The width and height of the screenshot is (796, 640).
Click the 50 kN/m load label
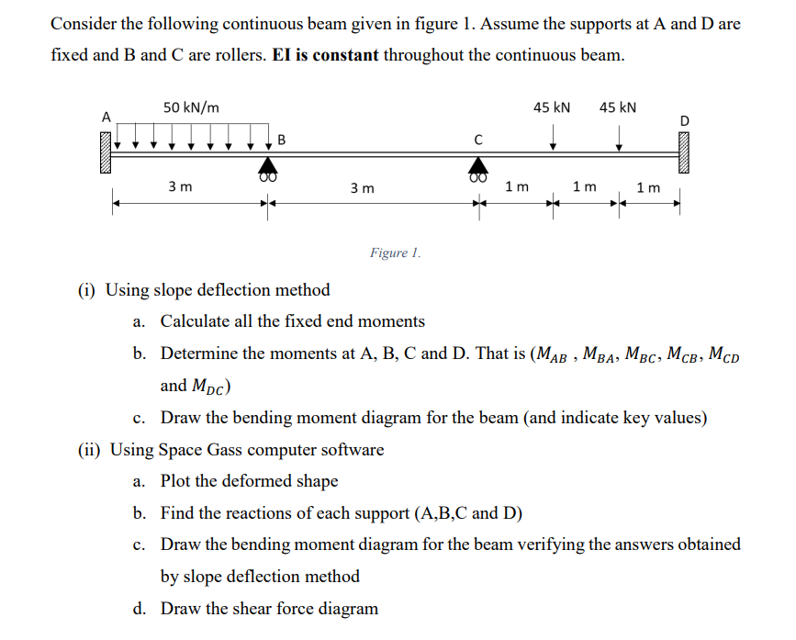pos(191,107)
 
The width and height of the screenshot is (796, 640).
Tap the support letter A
pos(107,117)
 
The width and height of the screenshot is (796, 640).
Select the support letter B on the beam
pos(281,140)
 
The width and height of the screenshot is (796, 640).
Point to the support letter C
pos(477,140)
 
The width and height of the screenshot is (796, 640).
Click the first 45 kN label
pos(552,107)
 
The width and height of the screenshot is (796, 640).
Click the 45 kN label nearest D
pos(618,107)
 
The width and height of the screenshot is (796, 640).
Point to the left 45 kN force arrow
pos(553,138)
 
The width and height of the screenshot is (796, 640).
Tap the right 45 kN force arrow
pos(620,138)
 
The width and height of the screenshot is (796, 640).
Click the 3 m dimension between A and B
pos(180,187)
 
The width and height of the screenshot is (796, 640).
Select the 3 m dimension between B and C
pos(363,188)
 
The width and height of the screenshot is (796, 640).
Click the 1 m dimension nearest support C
pos(517,187)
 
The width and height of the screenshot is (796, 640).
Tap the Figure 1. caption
pos(396,253)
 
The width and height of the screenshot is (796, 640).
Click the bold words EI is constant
pos(325,55)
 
